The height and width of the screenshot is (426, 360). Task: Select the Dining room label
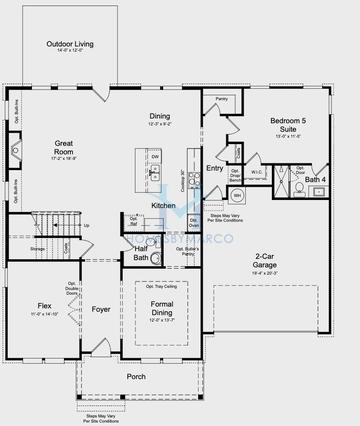coord(160,116)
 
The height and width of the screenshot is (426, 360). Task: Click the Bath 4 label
coord(316,179)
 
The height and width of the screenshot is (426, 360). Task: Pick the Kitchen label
coord(164,205)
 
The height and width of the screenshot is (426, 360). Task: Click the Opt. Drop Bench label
coord(236,173)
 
